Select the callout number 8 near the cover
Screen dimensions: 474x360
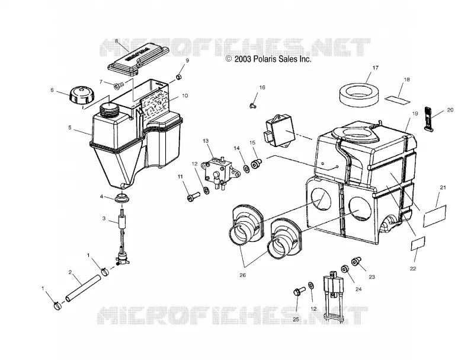tap(116, 41)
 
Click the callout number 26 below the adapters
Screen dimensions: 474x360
tap(242, 275)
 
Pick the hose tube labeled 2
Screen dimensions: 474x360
tap(83, 288)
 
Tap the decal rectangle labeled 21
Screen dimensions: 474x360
tap(435, 216)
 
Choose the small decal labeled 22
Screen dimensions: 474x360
tap(418, 244)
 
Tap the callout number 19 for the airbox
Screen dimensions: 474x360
tap(415, 114)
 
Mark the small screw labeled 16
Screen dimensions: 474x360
tap(252, 106)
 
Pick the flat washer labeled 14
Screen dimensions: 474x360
tap(246, 168)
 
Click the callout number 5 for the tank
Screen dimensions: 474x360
tap(70, 128)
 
